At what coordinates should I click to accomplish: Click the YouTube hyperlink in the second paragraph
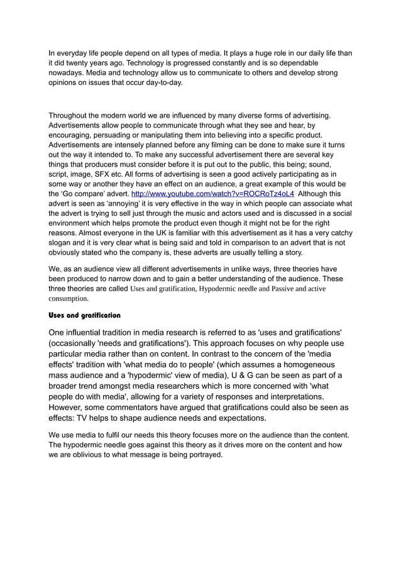[x=212, y=194]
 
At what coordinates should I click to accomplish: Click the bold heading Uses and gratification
[x=84, y=315]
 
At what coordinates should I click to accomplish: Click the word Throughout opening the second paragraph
[x=70, y=116]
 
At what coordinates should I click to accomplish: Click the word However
[x=71, y=408]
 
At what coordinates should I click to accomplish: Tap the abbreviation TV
[x=89, y=418]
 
